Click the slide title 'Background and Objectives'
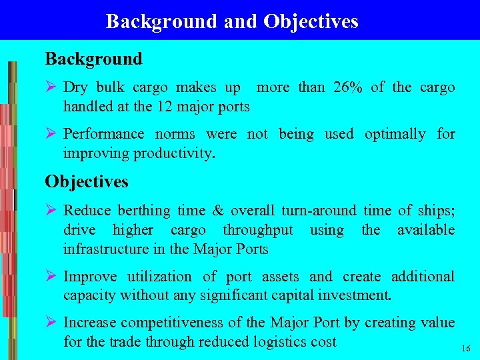(232, 21)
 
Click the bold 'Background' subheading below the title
(93, 59)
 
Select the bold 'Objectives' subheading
(87, 181)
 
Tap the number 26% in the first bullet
(346, 87)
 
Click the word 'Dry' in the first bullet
(75, 87)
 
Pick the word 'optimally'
(395, 134)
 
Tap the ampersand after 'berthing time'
(218, 211)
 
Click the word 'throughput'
(258, 230)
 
